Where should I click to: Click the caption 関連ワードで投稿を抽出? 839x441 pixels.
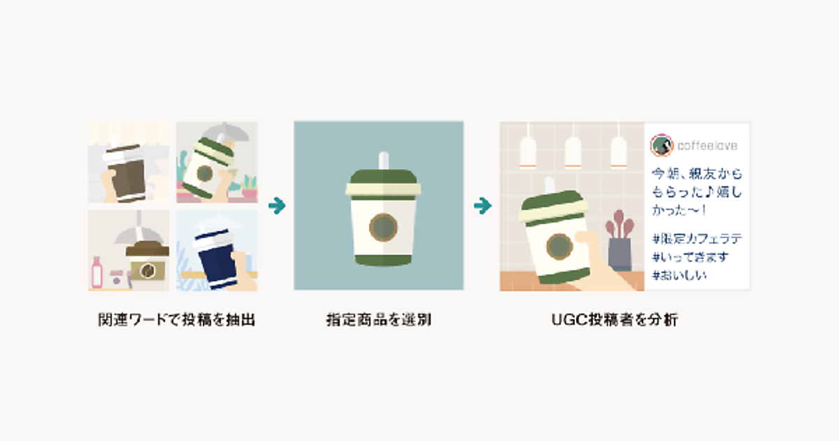pyautogui.click(x=177, y=320)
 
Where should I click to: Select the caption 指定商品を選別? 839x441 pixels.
pyautogui.click(x=379, y=320)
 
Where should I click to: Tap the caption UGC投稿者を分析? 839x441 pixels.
pyautogui.click(x=615, y=320)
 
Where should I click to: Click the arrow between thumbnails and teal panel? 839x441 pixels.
pyautogui.click(x=277, y=206)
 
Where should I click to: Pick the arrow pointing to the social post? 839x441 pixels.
pyautogui.click(x=482, y=206)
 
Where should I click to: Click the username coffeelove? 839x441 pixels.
pyautogui.click(x=707, y=146)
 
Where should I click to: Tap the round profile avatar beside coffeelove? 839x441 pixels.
pyautogui.click(x=661, y=145)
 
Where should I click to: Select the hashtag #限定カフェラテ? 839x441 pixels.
pyautogui.click(x=696, y=239)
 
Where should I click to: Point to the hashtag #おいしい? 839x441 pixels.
pyautogui.click(x=679, y=276)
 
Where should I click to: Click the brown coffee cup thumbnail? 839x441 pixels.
pyautogui.click(x=129, y=162)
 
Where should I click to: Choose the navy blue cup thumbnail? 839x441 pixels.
pyautogui.click(x=217, y=251)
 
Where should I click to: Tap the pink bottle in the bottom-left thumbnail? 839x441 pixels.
pyautogui.click(x=97, y=272)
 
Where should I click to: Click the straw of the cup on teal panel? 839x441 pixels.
pyautogui.click(x=384, y=161)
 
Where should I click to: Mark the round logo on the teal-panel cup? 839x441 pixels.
pyautogui.click(x=383, y=227)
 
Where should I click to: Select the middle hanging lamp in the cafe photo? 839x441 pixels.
pyautogui.click(x=573, y=152)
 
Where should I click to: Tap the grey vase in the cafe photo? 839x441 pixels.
pyautogui.click(x=619, y=254)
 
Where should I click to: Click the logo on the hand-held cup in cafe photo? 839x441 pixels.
pyautogui.click(x=559, y=246)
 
